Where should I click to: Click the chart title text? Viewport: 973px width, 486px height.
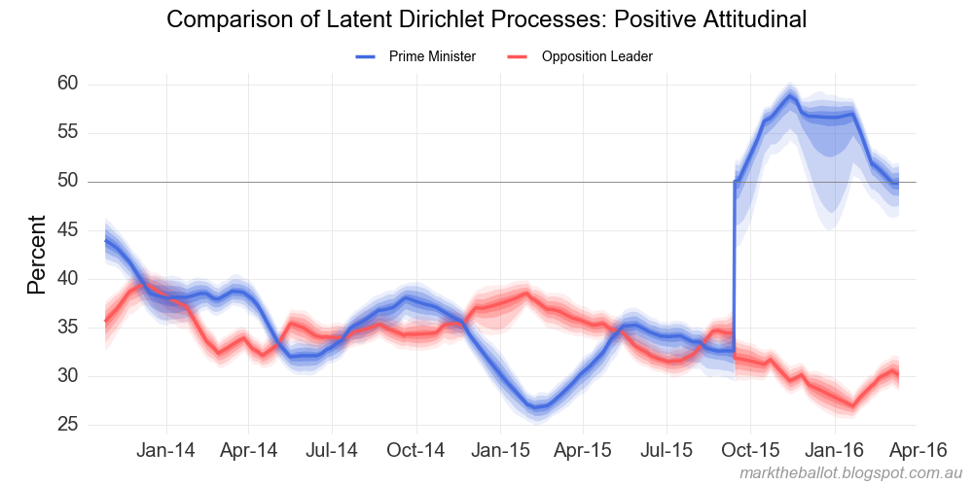click(x=486, y=19)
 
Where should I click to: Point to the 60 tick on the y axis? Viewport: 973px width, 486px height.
click(x=67, y=85)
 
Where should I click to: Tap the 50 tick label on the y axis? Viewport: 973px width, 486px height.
click(x=67, y=182)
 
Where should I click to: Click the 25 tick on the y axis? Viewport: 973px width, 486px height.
click(x=67, y=425)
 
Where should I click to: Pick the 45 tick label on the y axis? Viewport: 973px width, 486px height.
click(x=67, y=230)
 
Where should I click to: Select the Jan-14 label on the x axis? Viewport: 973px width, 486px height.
click(x=166, y=451)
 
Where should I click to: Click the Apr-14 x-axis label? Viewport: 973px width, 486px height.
click(x=249, y=451)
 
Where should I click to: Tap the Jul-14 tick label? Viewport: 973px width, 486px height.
click(x=333, y=451)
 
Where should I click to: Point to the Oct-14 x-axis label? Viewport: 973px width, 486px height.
click(x=416, y=451)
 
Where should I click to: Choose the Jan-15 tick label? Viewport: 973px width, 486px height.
click(x=500, y=451)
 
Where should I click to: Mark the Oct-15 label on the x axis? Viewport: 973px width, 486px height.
click(x=751, y=451)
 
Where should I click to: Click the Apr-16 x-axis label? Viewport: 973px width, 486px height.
click(x=918, y=451)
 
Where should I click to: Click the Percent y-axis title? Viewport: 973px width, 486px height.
click(x=37, y=255)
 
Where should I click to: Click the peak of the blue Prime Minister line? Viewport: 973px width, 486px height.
click(x=789, y=96)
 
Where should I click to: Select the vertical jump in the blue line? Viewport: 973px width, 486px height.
click(x=734, y=262)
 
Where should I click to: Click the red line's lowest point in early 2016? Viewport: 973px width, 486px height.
click(x=853, y=405)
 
